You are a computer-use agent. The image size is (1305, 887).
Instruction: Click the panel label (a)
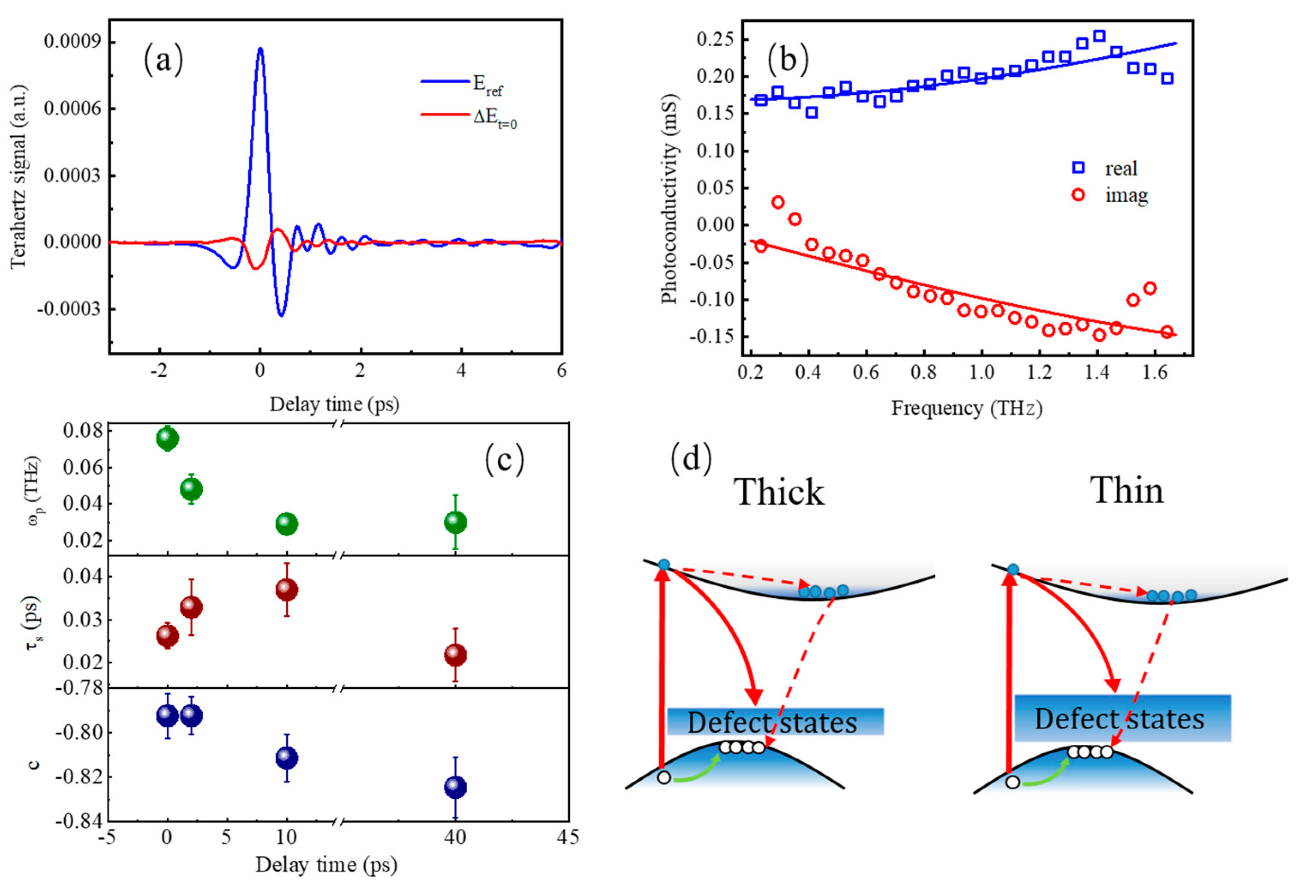pos(163,60)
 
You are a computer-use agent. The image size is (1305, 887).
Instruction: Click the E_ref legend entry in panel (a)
pos(487,84)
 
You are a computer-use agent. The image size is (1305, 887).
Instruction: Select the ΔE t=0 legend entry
pos(494,117)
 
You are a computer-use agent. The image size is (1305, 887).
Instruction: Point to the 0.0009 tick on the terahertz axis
pos(72,42)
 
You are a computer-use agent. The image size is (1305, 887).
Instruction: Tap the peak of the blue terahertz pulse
pos(260,49)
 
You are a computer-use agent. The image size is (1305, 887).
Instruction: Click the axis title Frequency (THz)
pos(966,408)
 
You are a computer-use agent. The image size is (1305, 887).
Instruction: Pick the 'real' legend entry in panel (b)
pos(1120,168)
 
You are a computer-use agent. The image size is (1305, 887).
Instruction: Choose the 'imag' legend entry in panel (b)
pos(1126,195)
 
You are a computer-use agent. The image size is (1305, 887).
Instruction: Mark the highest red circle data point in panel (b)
pos(778,202)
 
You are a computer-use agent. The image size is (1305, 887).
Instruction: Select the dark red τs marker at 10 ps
pos(286,590)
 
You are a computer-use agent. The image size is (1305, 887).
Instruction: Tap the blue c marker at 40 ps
pos(455,788)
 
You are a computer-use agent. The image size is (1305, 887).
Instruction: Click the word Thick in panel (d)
pos(779,492)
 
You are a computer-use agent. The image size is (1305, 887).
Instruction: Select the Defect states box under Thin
pos(1122,719)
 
